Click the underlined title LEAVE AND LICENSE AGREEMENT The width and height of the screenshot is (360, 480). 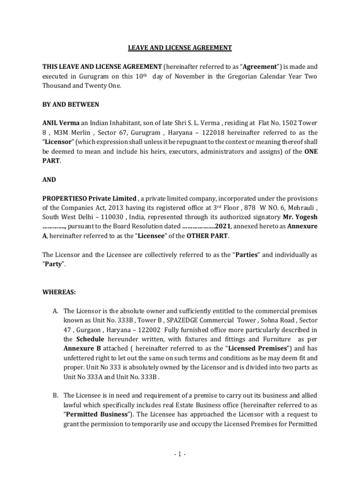coord(180,47)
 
